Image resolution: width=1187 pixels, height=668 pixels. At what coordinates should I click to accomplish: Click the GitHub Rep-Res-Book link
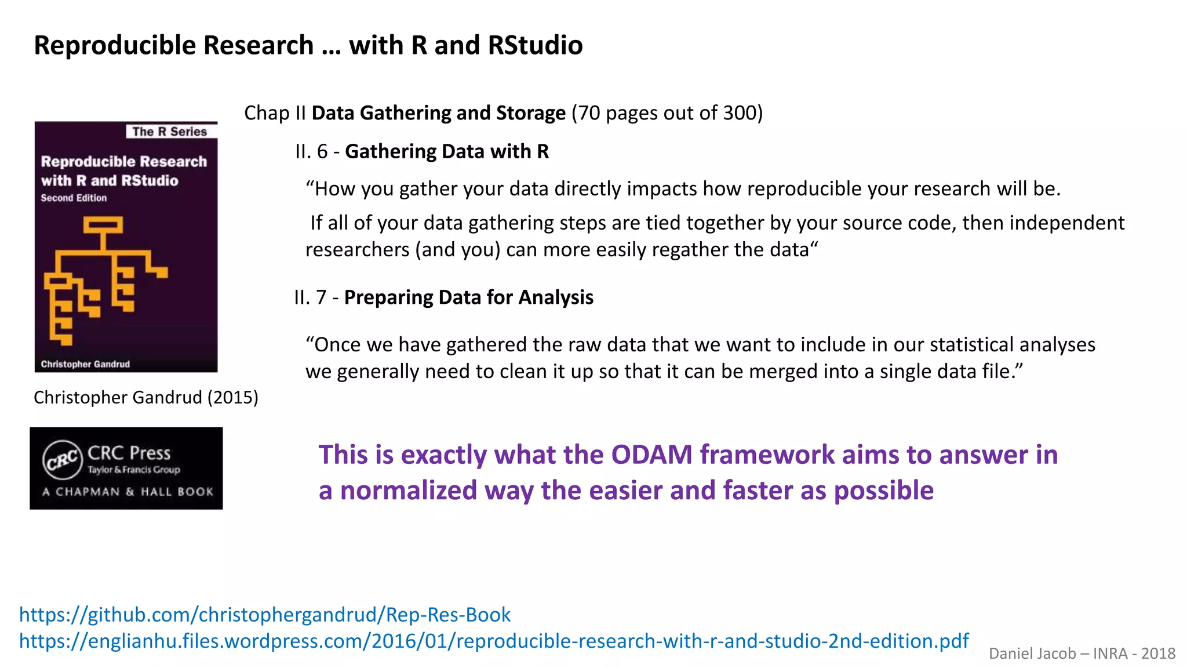pos(264,615)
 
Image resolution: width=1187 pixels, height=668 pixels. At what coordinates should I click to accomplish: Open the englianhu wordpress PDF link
pos(493,641)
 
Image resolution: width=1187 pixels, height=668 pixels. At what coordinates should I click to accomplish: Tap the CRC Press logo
pos(62,460)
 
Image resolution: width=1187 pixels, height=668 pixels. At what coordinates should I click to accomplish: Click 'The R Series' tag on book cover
pos(169,132)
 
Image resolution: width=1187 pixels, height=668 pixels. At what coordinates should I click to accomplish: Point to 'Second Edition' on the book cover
pos(74,198)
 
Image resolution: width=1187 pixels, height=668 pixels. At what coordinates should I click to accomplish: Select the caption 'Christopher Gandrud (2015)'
pos(145,398)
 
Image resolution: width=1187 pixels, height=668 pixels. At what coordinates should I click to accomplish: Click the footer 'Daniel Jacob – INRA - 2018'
pos(1082,654)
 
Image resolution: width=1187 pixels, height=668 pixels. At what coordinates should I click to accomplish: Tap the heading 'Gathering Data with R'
pos(447,152)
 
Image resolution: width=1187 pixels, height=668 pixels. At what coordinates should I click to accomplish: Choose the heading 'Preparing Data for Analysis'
pos(468,297)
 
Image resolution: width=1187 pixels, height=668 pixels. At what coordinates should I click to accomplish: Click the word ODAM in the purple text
pos(651,455)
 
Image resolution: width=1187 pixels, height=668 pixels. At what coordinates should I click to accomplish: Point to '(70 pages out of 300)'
pos(667,113)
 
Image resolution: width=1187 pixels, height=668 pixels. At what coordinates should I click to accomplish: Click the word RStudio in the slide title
pos(535,45)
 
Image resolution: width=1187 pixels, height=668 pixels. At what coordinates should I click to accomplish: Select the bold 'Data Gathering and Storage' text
pos(438,113)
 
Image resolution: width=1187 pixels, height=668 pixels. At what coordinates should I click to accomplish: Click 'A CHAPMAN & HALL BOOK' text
pos(128,492)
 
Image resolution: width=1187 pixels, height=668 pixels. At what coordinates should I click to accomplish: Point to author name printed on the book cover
pos(85,364)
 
